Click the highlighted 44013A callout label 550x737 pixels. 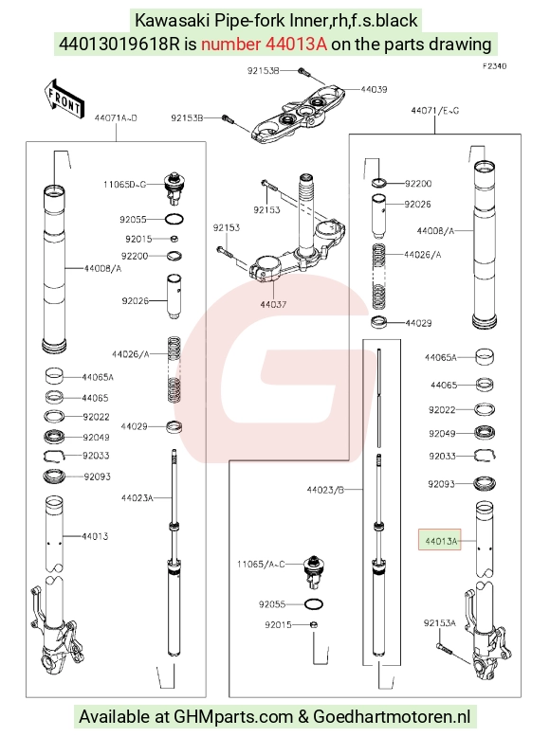pyautogui.click(x=440, y=541)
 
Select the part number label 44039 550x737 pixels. pyautogui.click(x=374, y=89)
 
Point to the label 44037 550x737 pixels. pyautogui.click(x=273, y=305)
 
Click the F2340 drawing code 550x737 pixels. pyautogui.click(x=494, y=66)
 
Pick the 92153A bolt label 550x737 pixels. pyautogui.click(x=439, y=623)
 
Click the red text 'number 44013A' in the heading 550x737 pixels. pyautogui.click(x=264, y=44)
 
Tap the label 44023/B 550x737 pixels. pyautogui.click(x=325, y=490)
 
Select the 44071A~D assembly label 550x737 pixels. pyautogui.click(x=116, y=118)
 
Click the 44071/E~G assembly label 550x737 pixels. pyautogui.click(x=434, y=111)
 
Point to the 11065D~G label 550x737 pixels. pyautogui.click(x=124, y=184)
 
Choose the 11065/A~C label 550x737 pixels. pyautogui.click(x=261, y=564)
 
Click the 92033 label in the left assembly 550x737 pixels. pyautogui.click(x=96, y=456)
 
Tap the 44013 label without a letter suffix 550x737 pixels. pyautogui.click(x=95, y=536)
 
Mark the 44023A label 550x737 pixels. pyautogui.click(x=137, y=497)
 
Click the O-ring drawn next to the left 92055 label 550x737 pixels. pyautogui.click(x=174, y=219)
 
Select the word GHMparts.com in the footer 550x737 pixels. pyautogui.click(x=233, y=717)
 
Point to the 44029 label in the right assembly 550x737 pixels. pyautogui.click(x=418, y=323)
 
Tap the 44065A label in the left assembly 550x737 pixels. pyautogui.click(x=98, y=377)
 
